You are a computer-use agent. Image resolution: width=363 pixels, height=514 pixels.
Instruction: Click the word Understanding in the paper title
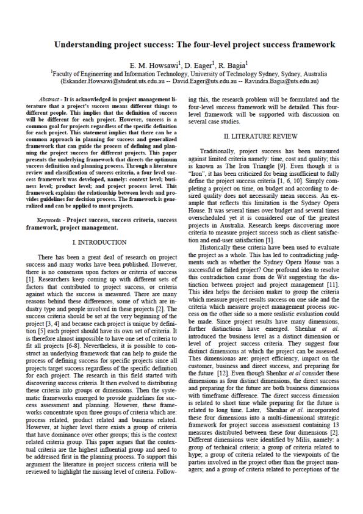point(80,45)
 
